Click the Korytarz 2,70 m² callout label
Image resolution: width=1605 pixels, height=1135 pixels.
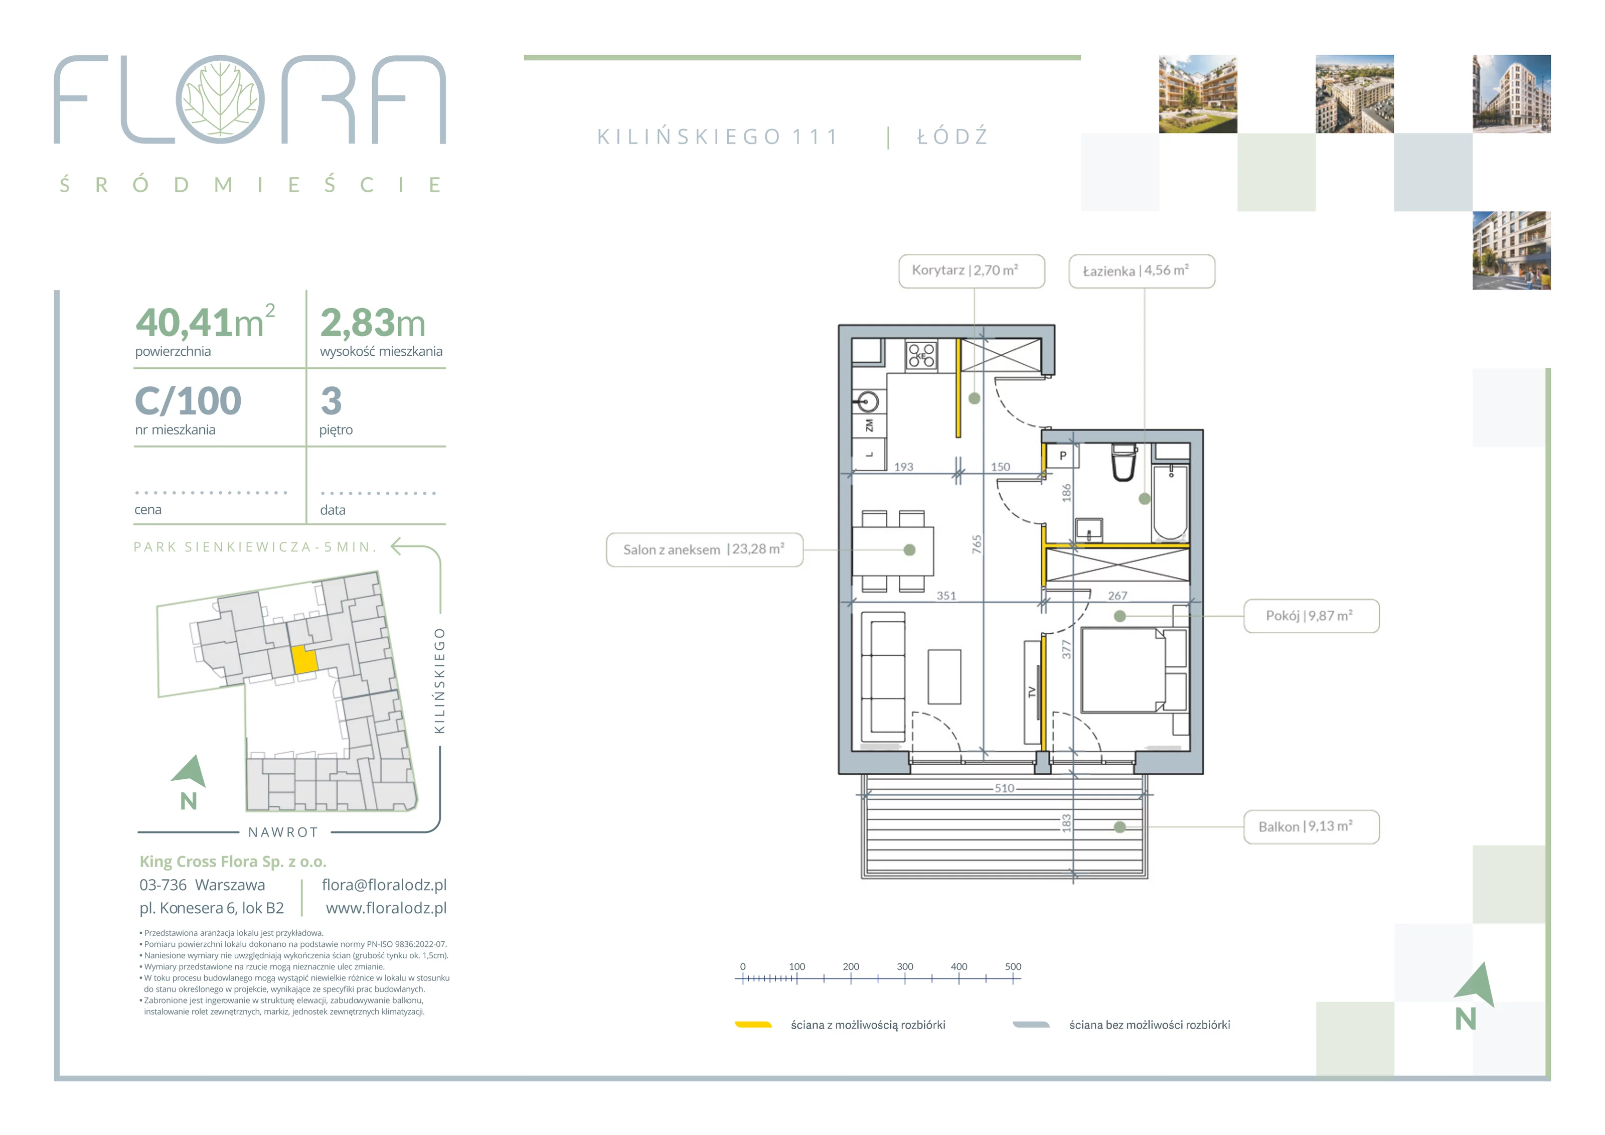971,270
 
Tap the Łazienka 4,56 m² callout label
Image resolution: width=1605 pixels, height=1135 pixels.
1142,270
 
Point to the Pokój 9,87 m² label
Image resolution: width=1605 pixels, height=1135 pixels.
1312,616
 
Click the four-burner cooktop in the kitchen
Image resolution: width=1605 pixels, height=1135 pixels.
921,355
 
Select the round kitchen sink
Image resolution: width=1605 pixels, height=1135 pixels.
868,402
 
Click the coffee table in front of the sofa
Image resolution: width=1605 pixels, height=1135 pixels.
944,676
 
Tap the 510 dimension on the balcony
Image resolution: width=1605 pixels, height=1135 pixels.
1005,788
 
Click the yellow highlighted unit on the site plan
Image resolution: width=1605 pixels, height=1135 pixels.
304,659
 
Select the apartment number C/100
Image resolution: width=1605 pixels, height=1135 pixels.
188,401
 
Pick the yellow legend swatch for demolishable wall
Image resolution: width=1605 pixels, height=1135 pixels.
753,1025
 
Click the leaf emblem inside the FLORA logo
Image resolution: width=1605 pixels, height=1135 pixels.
220,99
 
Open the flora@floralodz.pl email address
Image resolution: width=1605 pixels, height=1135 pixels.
384,885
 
